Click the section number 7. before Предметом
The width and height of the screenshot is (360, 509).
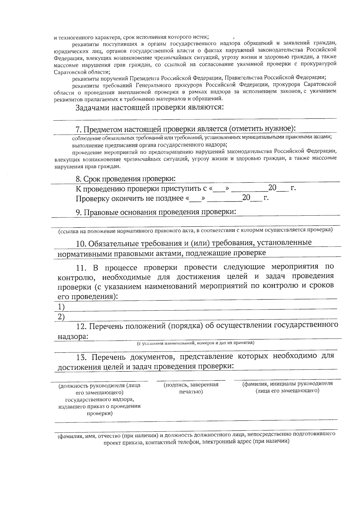78,130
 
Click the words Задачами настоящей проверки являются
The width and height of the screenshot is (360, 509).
149,108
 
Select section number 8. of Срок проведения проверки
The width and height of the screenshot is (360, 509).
78,179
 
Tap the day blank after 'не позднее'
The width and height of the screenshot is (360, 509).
196,199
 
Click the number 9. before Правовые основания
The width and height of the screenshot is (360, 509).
78,212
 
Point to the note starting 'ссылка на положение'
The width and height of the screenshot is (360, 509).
195,230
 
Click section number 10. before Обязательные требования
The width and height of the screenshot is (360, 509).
81,243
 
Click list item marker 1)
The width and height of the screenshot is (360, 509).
61,307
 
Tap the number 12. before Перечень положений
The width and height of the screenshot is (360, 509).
82,326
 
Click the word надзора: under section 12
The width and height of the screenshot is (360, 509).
73,337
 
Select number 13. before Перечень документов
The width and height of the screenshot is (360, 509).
82,357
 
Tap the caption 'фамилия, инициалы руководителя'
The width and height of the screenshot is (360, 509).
287,384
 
